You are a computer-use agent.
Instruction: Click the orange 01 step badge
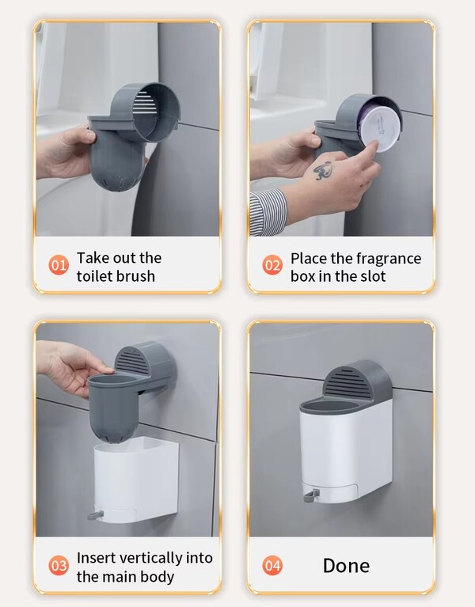click(59, 265)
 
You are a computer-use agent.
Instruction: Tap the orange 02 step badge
click(272, 265)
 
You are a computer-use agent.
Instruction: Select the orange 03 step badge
click(59, 566)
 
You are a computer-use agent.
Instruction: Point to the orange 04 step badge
click(272, 566)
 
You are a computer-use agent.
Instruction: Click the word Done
click(346, 566)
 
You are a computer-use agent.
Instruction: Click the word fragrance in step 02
click(388, 259)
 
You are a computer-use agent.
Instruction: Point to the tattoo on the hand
click(323, 170)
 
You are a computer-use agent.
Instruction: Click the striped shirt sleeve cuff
click(268, 212)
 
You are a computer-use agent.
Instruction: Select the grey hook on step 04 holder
click(311, 495)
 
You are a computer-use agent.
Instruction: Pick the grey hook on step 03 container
click(96, 515)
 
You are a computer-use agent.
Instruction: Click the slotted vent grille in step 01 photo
click(145, 103)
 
